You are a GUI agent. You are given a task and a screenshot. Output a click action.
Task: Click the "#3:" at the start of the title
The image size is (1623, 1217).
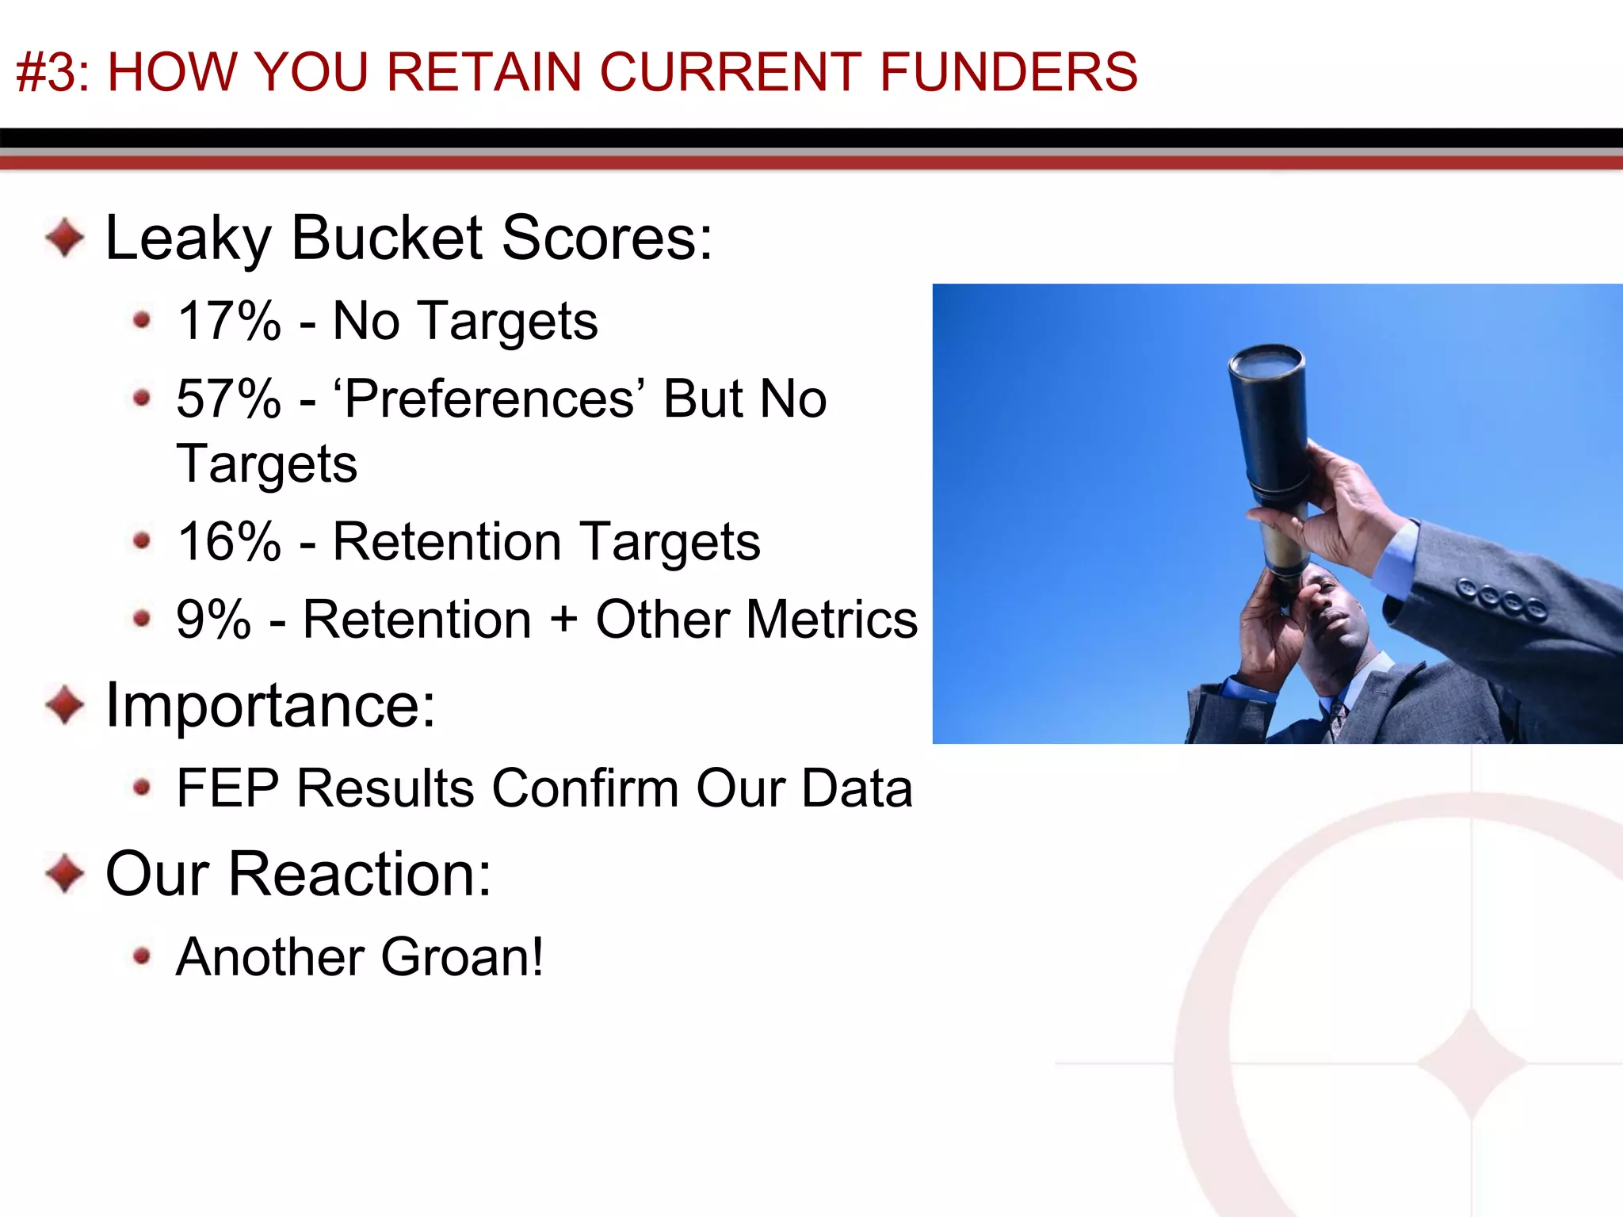53,72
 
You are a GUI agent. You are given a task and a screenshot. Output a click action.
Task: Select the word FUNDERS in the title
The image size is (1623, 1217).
1008,72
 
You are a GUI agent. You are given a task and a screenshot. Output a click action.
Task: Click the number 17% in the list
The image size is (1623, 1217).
229,321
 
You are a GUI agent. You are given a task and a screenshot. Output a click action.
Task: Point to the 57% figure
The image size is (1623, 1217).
229,399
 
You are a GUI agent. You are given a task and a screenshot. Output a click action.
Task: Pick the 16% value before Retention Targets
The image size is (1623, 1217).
229,542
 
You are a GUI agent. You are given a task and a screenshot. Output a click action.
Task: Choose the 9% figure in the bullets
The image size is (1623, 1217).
213,620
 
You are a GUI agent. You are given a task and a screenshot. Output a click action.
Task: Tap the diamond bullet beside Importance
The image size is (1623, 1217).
65,704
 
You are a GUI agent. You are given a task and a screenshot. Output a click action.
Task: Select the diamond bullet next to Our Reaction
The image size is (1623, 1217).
65,874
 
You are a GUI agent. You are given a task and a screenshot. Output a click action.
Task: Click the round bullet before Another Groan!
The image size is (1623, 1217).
142,956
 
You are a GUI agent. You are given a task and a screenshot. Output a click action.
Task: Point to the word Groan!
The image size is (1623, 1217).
462,957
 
